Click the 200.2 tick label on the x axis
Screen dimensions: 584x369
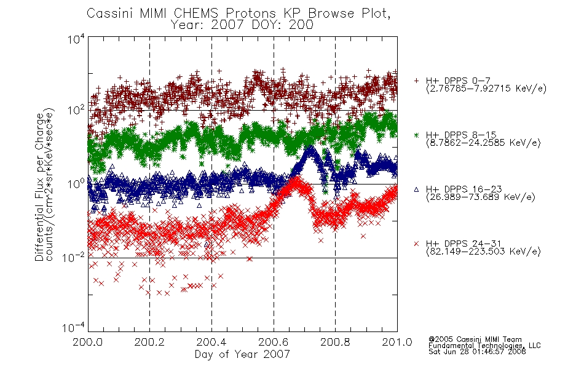tap(149, 342)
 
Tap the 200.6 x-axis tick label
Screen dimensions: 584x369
tap(274, 342)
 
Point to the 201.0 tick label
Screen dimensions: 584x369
tap(397, 342)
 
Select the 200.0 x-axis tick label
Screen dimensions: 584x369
tap(88, 342)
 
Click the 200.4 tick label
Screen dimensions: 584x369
tap(211, 342)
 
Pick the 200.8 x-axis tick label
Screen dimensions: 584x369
tap(335, 342)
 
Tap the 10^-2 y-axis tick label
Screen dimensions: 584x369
tap(74, 257)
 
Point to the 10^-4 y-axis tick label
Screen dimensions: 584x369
tap(74, 327)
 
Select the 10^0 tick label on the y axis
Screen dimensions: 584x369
tap(77, 184)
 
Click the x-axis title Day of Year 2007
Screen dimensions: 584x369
tap(242, 354)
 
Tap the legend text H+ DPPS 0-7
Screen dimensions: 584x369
tap(458, 81)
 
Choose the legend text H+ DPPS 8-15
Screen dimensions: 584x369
tap(461, 135)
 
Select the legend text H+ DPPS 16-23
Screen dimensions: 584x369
tap(464, 189)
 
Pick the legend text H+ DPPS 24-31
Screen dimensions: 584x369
tap(464, 244)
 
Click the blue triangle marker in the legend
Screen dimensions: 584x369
tap(416, 189)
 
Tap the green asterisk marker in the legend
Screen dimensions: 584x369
tap(416, 135)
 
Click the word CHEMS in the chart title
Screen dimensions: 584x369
tap(196, 14)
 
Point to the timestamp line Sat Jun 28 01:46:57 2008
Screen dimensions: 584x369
tap(477, 352)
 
